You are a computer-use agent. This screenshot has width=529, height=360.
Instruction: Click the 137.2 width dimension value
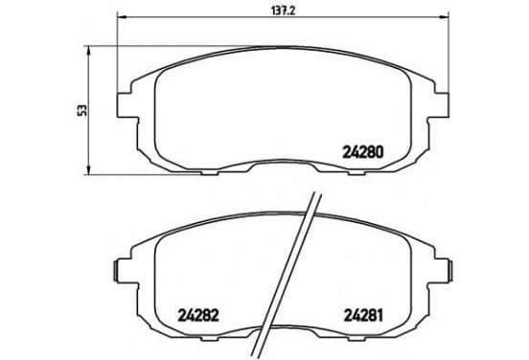pyautogui.click(x=284, y=11)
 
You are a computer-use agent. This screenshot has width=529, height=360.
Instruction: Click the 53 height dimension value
pyautogui.click(x=82, y=110)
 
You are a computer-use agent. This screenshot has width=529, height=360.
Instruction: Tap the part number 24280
pyautogui.click(x=363, y=152)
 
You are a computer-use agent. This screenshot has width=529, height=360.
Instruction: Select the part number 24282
pyautogui.click(x=198, y=316)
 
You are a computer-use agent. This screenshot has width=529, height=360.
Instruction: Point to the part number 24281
pyautogui.click(x=363, y=316)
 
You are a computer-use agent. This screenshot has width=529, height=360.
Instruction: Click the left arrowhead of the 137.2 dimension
pyautogui.click(x=121, y=16)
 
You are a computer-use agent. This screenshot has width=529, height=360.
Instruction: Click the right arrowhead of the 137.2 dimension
pyautogui.click(x=445, y=16)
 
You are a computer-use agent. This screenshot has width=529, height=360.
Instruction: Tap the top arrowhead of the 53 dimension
pyautogui.click(x=89, y=51)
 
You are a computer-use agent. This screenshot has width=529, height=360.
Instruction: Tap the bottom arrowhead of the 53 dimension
pyautogui.click(x=89, y=170)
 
